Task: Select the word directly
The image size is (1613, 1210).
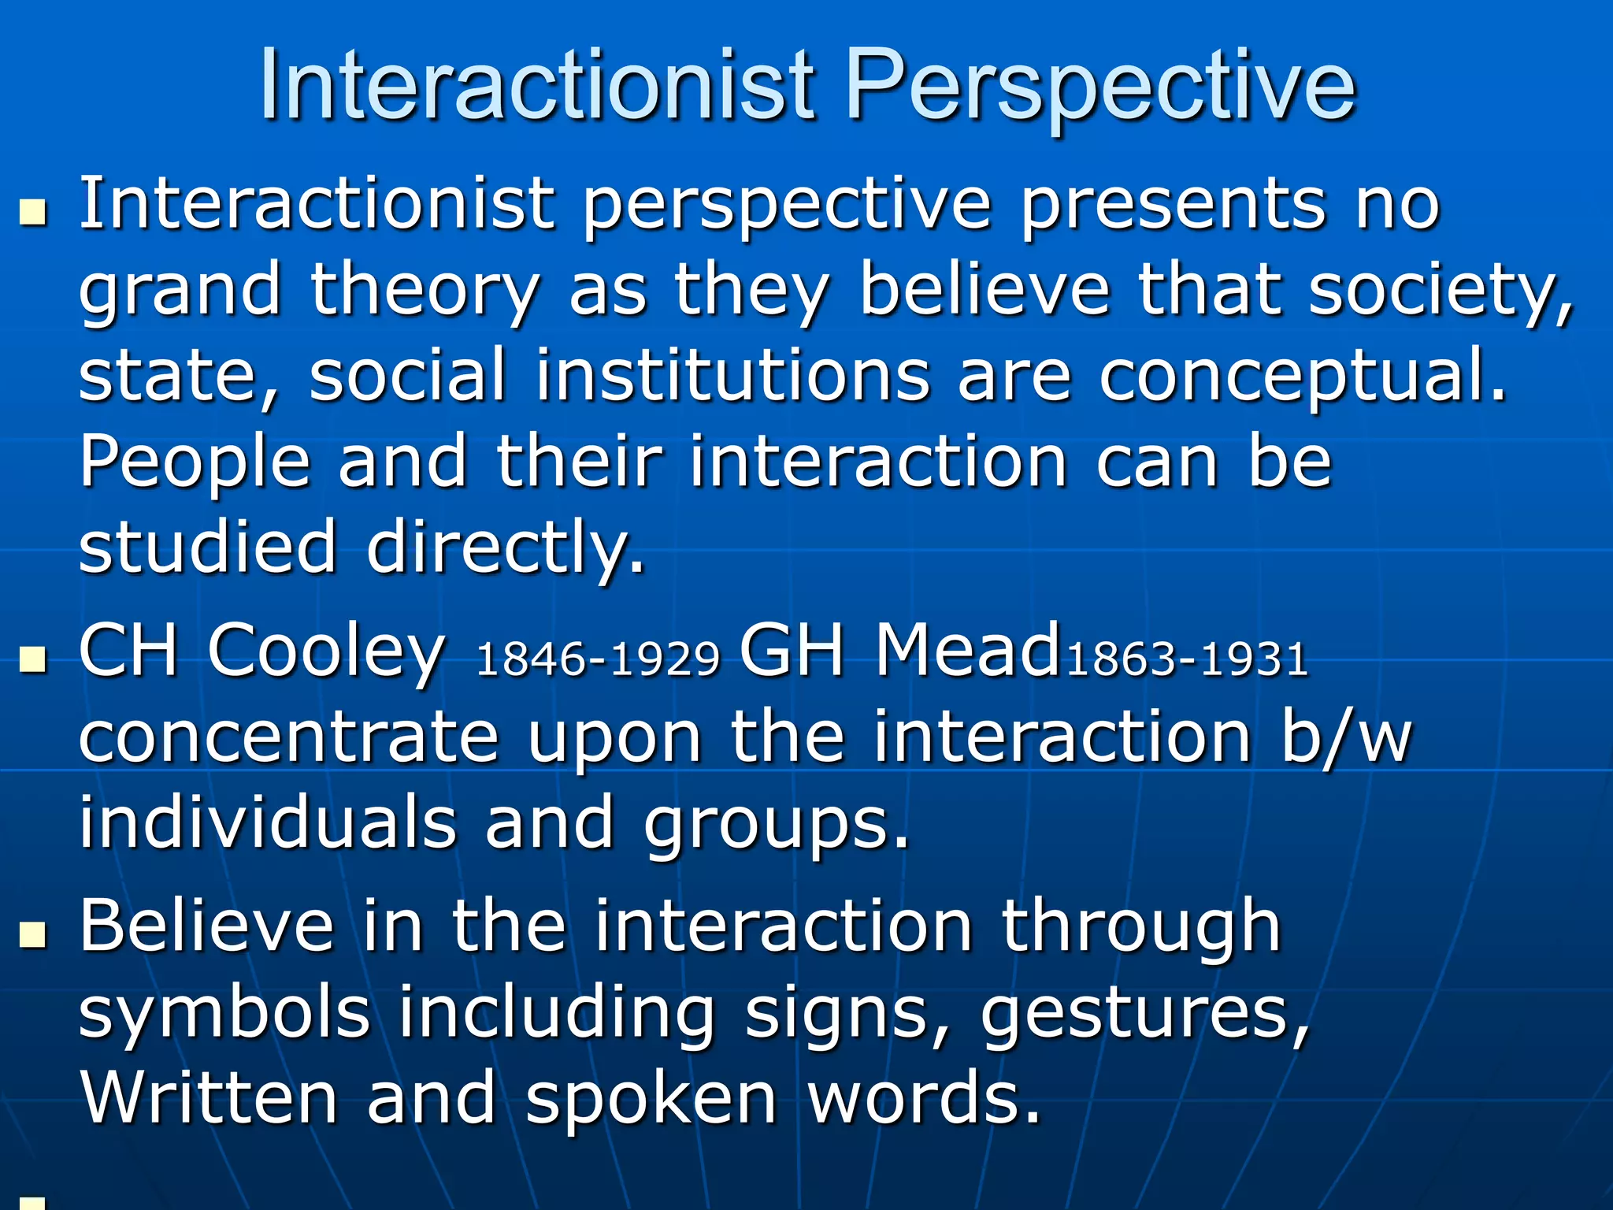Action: click(x=505, y=548)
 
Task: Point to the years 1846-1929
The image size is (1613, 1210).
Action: click(x=598, y=659)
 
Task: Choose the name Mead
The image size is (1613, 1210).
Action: click(x=968, y=651)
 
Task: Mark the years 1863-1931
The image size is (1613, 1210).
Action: click(x=1187, y=659)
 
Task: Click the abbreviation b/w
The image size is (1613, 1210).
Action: click(x=1347, y=738)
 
